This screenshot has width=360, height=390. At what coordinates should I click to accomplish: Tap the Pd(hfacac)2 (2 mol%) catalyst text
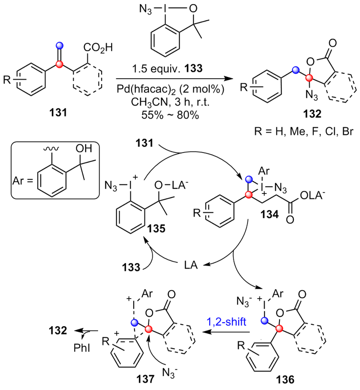[173, 88]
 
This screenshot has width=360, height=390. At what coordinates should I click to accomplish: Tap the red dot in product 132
[309, 78]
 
